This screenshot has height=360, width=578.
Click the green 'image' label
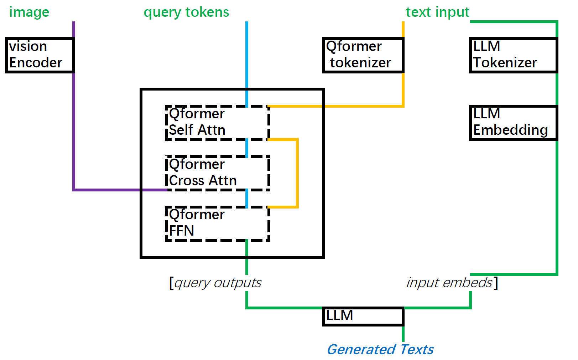tap(29, 12)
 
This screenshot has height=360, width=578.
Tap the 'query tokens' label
tap(186, 12)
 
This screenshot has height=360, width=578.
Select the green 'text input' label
tap(437, 12)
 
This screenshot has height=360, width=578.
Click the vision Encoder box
tap(39, 55)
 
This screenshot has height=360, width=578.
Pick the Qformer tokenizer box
tap(363, 55)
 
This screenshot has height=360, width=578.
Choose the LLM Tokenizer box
tap(513, 55)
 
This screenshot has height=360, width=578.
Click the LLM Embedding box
tap(513, 123)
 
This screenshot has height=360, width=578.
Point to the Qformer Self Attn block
tap(217, 122)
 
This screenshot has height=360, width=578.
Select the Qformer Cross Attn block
tap(217, 173)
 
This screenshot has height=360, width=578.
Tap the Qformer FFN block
tap(217, 223)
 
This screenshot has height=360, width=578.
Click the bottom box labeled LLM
tap(363, 316)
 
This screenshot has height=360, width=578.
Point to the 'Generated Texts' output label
tap(380, 349)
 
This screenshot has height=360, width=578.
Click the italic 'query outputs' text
tap(218, 283)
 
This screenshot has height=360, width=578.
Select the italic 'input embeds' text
tap(449, 283)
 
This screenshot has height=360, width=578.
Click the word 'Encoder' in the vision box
tap(36, 63)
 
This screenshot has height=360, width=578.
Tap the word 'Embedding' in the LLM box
tap(510, 130)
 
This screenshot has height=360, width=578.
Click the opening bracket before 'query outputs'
tap(171, 283)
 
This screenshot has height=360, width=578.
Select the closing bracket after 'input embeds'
tap(496, 283)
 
